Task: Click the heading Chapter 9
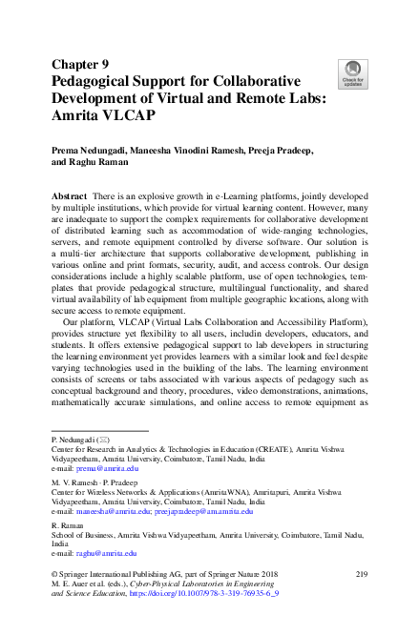(x=80, y=65)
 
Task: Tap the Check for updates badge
(x=352, y=72)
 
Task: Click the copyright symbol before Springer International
(x=53, y=573)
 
